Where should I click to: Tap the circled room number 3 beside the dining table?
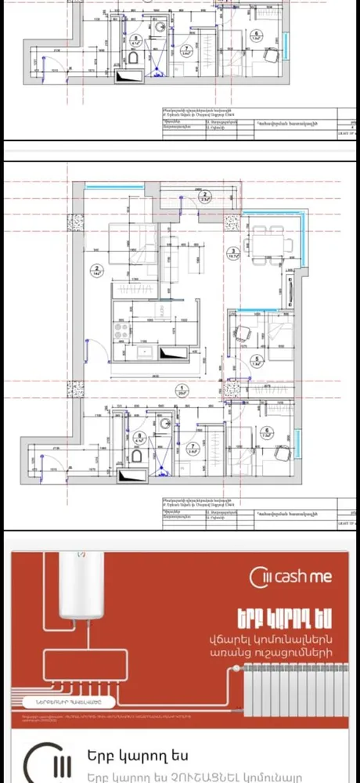(233, 251)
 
